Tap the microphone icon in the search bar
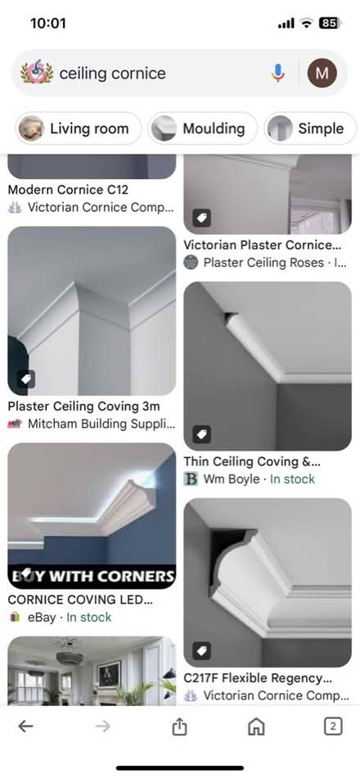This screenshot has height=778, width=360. coord(278,74)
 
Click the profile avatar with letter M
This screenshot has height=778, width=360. coord(322,74)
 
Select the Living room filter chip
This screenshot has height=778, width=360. coord(79,128)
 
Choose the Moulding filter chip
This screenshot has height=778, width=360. coord(203,128)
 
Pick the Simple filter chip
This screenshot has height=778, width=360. coord(311,128)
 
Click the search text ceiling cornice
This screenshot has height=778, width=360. coord(112,74)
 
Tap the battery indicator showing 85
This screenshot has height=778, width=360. coord(330,23)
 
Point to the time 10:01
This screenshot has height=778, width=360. coord(47,23)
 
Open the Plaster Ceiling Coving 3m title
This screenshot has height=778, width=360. coord(83,407)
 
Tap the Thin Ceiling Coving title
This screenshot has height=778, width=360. coord(252,462)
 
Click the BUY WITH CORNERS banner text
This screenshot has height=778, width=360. coord(92,575)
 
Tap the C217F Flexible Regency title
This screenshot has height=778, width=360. coord(258,678)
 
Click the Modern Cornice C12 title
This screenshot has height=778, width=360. coord(68,190)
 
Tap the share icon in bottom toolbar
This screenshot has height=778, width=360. coord(179,726)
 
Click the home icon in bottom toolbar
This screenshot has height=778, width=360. coord(256,726)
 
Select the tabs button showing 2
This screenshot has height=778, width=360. coord(332,726)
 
